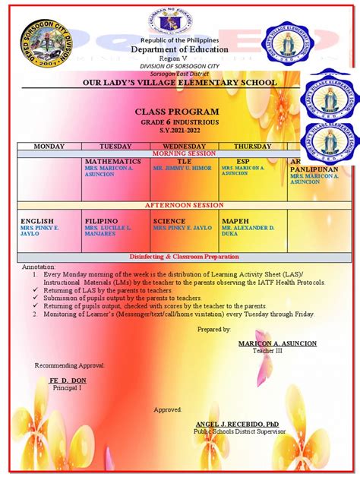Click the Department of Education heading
pyautogui.click(x=181, y=49)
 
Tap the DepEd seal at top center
pyautogui.click(x=181, y=19)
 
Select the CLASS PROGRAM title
pyautogui.click(x=180, y=111)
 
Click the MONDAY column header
pyautogui.click(x=48, y=146)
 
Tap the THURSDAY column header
pyautogui.click(x=252, y=146)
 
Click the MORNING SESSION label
pyautogui.click(x=185, y=153)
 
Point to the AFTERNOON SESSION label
pyautogui.click(x=185, y=205)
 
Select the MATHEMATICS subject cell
pyautogui.click(x=112, y=162)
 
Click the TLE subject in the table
pyautogui.click(x=185, y=162)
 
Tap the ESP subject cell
pyautogui.click(x=243, y=162)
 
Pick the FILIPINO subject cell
pyautogui.click(x=101, y=221)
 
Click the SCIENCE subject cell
pyautogui.click(x=169, y=221)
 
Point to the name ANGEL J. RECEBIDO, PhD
pyautogui.click(x=232, y=423)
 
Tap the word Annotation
pyautogui.click(x=39, y=267)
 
